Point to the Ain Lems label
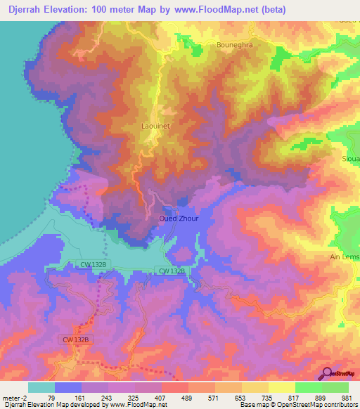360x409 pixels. (x=345, y=257)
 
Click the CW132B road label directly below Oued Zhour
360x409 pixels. (x=172, y=271)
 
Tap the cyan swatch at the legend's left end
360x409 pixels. (x=41, y=387)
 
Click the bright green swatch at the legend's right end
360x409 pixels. (x=335, y=387)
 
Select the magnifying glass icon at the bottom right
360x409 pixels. (x=326, y=373)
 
